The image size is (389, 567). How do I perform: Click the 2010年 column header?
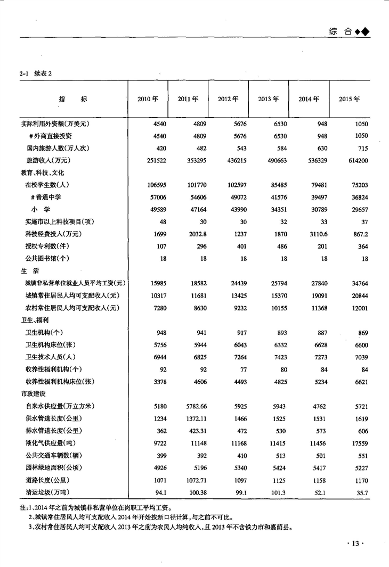pos(148,99)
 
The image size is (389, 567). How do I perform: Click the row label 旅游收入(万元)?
pos(48,160)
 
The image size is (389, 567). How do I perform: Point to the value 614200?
pos(357,160)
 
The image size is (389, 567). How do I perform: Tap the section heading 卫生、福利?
pos(34,320)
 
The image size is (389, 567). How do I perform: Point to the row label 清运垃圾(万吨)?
pos(48,492)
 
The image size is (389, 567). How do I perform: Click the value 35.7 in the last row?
pos(362,492)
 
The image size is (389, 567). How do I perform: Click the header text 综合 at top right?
pos(341,31)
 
